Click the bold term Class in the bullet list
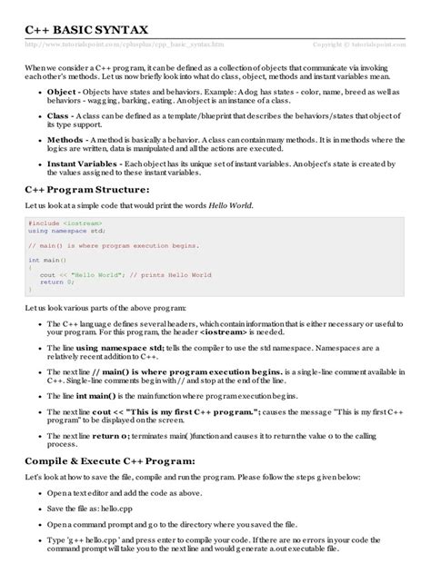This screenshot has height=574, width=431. tap(57, 116)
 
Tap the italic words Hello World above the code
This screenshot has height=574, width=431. tap(229, 205)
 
